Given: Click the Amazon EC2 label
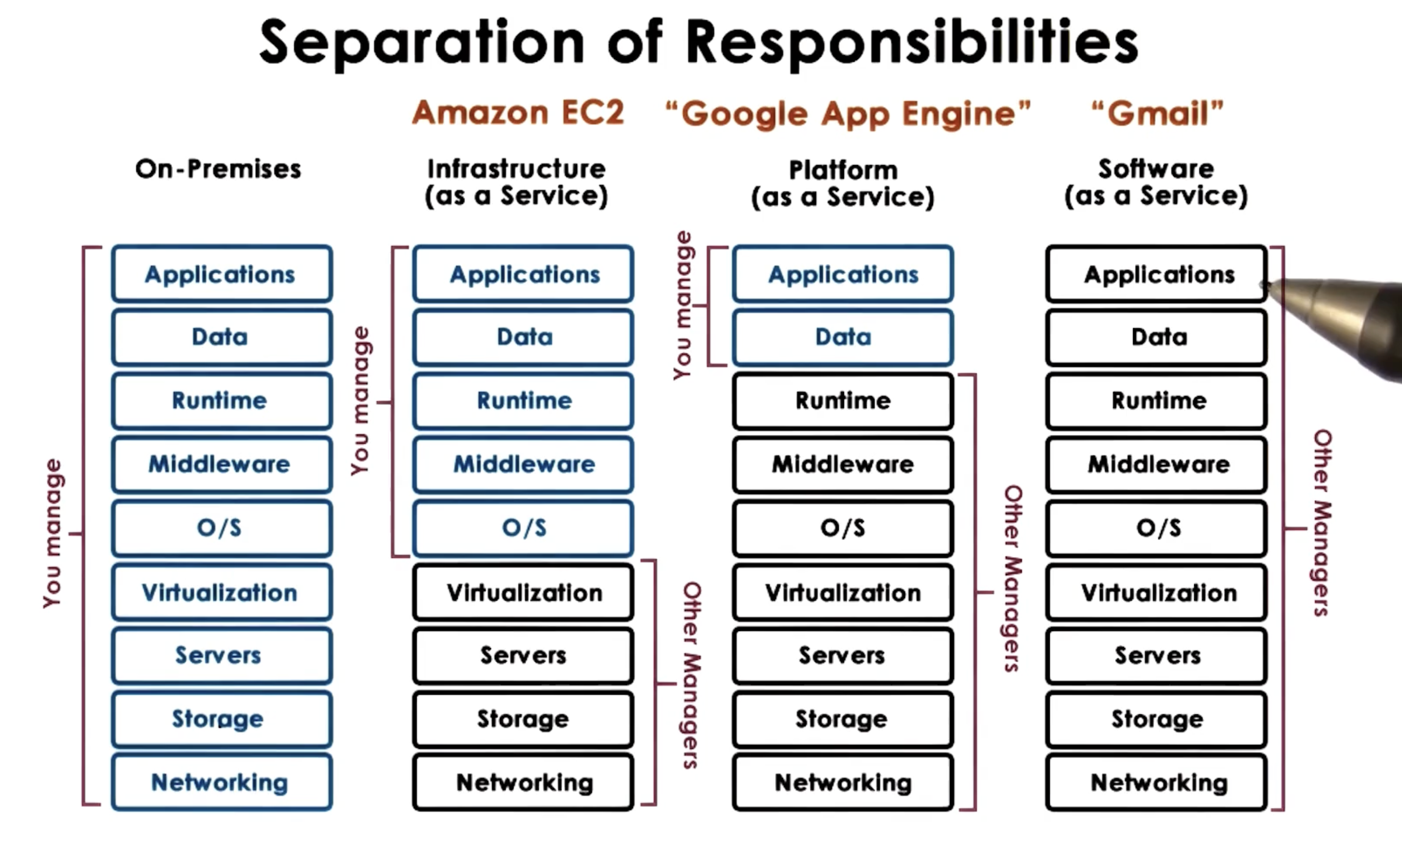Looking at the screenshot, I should tap(518, 112).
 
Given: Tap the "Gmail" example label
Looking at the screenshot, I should tap(1157, 113).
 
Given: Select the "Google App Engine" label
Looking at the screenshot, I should tap(848, 113).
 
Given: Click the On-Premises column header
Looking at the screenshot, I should tap(218, 169).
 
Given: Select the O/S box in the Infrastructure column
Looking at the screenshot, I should tap(524, 527).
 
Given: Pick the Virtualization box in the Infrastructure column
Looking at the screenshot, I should tap(524, 592).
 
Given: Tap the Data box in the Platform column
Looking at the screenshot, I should tap(843, 337).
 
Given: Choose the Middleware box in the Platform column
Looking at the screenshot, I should tap(843, 464).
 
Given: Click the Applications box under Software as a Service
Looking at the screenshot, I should tap(1157, 274).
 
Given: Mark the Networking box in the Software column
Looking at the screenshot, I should tap(1157, 782).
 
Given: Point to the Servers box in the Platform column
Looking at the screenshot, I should tap(843, 655).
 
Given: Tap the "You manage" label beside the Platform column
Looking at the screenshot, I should tap(683, 305).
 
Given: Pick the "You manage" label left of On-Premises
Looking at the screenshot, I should tap(53, 533).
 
